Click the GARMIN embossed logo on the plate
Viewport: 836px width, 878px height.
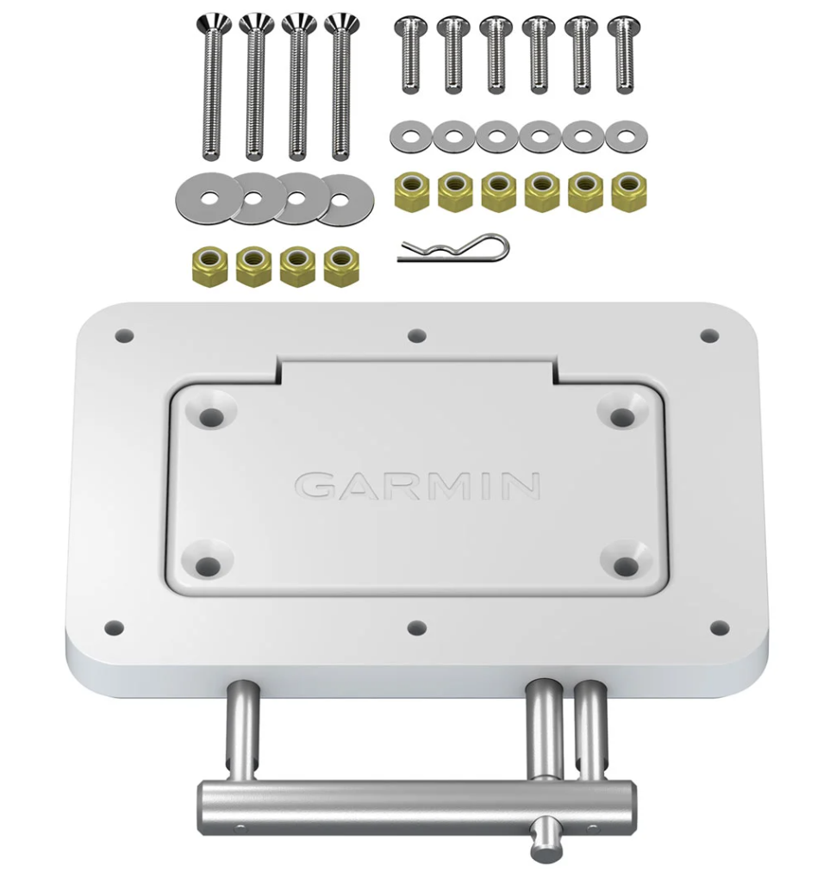418,485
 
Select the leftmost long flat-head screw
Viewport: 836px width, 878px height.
209,86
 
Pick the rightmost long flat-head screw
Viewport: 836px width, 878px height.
342,86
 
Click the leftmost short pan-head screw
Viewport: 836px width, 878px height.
407,53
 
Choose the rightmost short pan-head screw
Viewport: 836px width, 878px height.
623,53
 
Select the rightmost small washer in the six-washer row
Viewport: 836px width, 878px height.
626,136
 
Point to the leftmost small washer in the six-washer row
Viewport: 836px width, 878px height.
411,136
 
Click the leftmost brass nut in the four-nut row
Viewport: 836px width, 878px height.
209,266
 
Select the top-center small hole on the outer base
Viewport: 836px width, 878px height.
417,335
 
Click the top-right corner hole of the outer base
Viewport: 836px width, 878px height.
708,335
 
